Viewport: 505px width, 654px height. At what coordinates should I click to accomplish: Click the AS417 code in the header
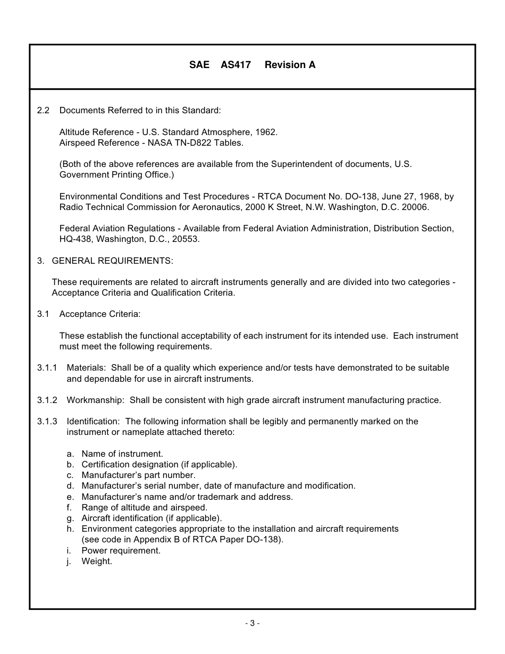[x=235, y=65]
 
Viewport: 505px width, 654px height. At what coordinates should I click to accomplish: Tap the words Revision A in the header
[x=290, y=65]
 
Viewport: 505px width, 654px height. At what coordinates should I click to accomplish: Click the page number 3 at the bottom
[x=252, y=623]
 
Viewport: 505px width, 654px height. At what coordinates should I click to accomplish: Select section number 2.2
[x=43, y=111]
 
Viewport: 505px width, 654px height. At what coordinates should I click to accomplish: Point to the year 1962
[x=266, y=132]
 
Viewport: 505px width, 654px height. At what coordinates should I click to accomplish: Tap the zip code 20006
[x=416, y=207]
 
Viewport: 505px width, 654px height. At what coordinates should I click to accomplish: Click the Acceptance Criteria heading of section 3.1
[x=100, y=314]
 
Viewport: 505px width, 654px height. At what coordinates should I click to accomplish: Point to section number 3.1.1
[x=47, y=368]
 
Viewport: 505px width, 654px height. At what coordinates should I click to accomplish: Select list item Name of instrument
[x=122, y=454]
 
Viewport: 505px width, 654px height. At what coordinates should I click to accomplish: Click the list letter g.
[x=70, y=518]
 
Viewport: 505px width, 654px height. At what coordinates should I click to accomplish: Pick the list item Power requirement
[x=121, y=550]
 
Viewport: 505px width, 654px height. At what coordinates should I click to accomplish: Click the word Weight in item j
[x=97, y=561]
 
